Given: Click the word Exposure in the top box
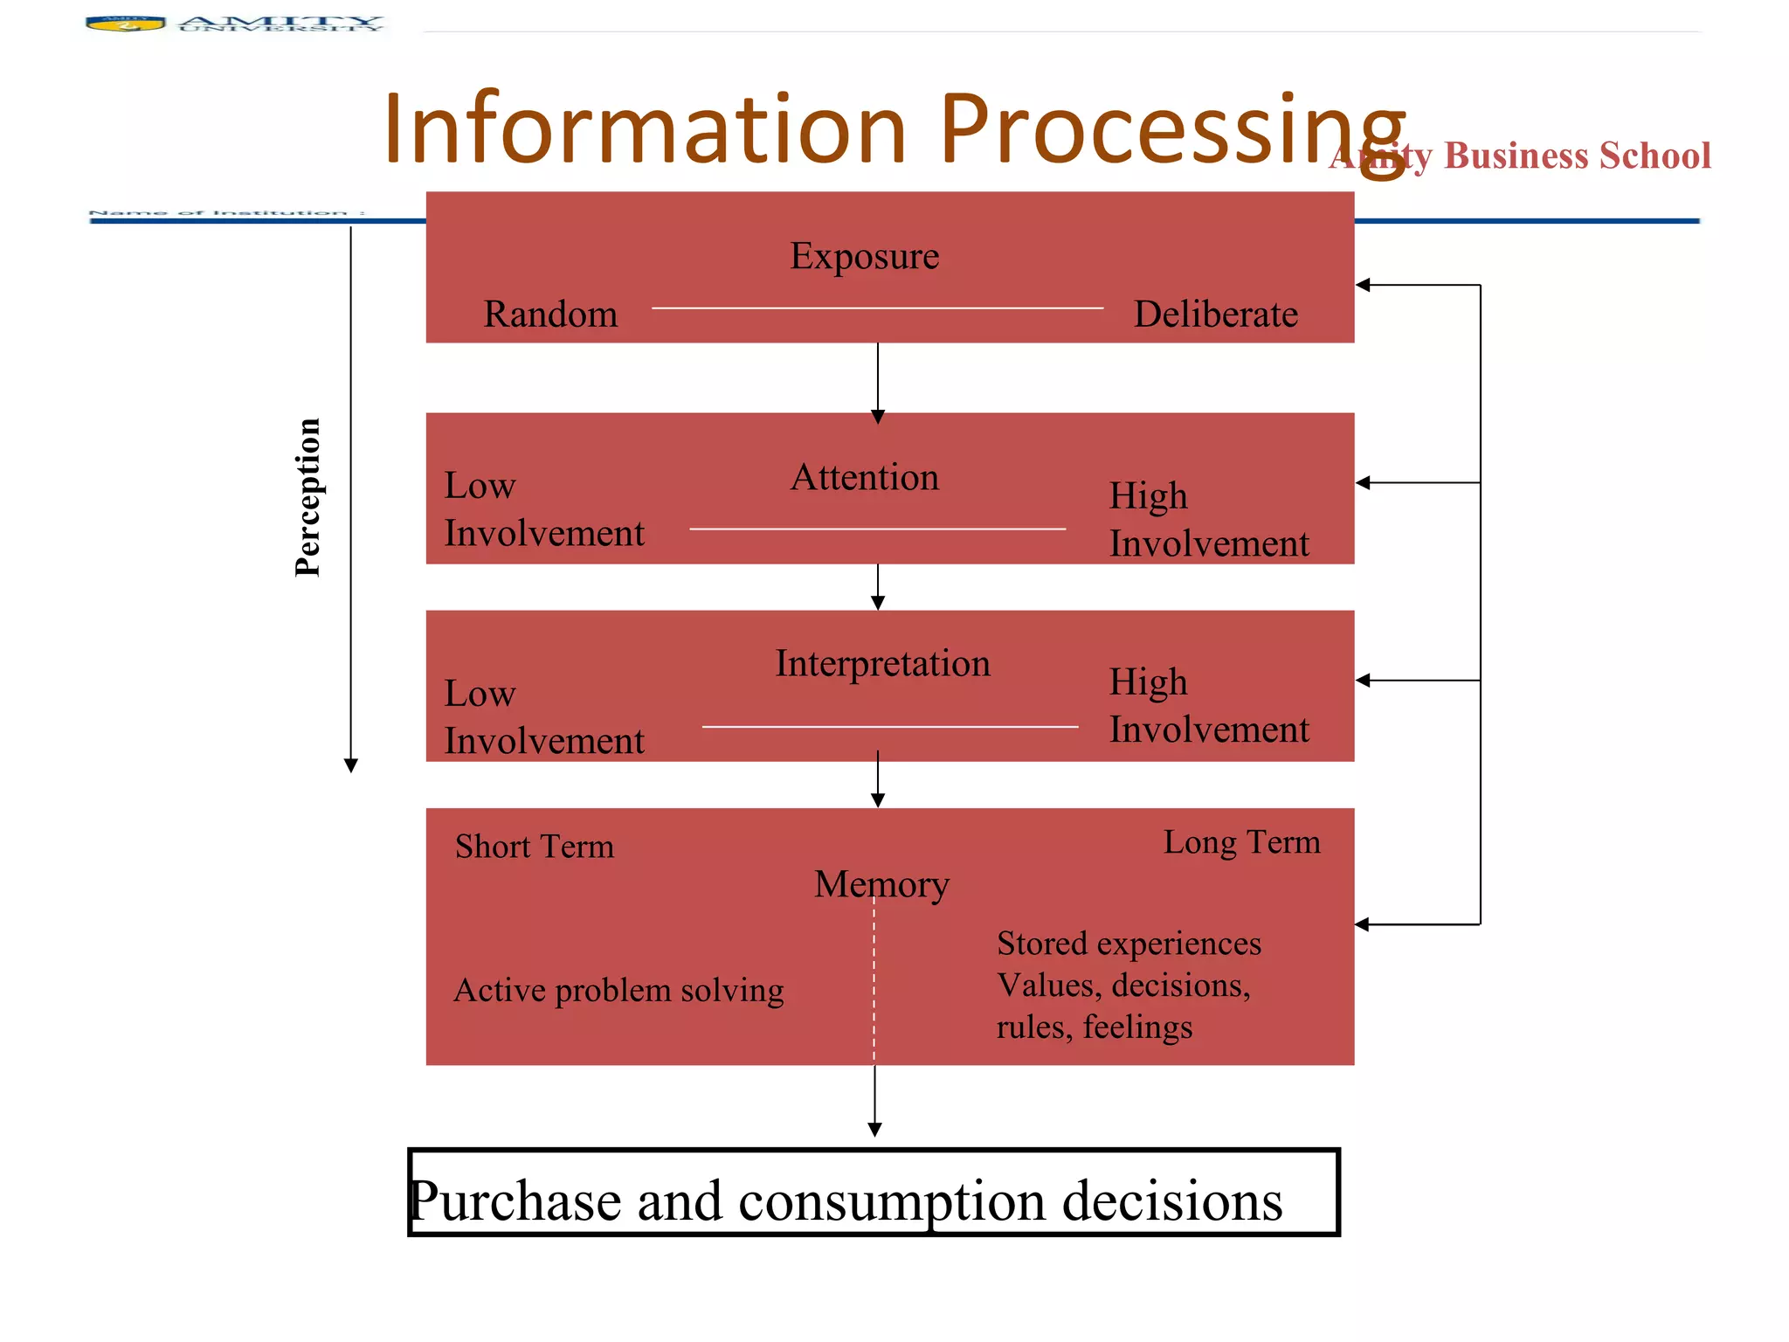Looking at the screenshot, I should click(864, 257).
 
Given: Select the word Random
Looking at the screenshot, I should click(550, 315).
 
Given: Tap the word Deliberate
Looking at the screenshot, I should click(1215, 315).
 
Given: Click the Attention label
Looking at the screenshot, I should click(864, 478).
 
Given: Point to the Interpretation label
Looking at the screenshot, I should click(882, 664).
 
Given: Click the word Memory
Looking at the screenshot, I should click(881, 884).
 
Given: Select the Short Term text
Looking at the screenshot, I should click(534, 847).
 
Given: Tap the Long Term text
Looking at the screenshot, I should click(1241, 842).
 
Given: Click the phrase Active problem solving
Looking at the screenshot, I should click(618, 991).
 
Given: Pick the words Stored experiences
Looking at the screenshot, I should click(1129, 944).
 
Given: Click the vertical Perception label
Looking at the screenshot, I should click(307, 497).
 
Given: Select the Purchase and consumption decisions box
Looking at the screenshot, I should click(874, 1193).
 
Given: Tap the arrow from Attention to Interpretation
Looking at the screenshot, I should click(878, 587).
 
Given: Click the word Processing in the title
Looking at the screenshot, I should click(1171, 131).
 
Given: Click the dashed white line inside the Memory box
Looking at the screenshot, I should click(874, 979).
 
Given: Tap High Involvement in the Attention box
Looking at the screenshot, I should click(1208, 520).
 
